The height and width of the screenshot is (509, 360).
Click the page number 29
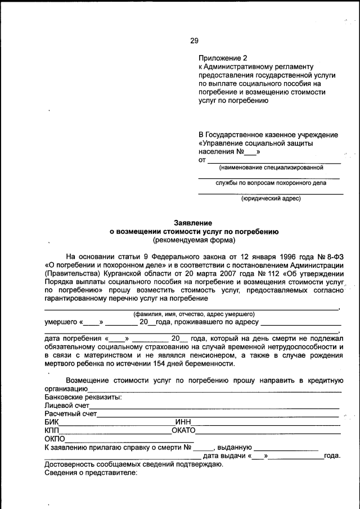pos(194,40)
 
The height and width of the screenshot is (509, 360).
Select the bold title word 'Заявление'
pos(193,223)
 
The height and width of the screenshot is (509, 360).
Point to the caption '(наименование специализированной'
pos(271,167)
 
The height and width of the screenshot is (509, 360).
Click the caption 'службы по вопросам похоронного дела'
pos(271,183)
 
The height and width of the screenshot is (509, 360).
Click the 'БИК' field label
pos(51,422)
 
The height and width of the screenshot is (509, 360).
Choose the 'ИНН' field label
pos(183,422)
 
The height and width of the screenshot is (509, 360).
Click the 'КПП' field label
pos(52,431)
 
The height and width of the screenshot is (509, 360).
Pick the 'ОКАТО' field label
pos(183,431)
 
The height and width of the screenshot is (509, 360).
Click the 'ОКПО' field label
pos(55,439)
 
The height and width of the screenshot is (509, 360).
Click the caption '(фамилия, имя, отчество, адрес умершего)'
pos(193,314)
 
